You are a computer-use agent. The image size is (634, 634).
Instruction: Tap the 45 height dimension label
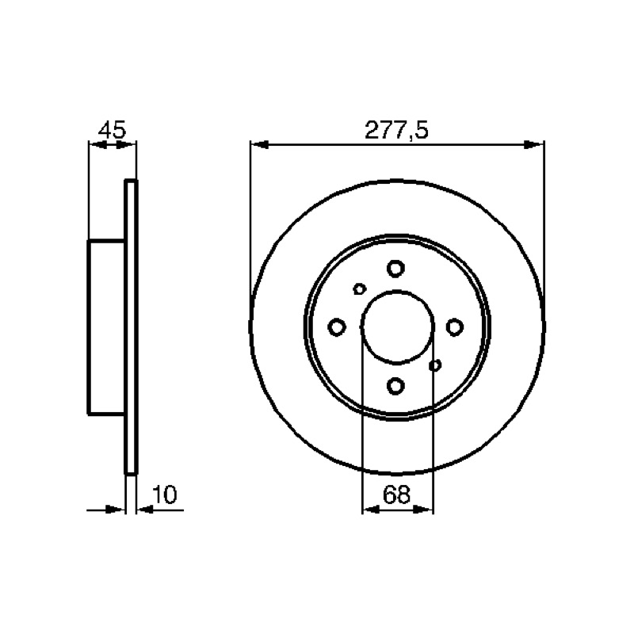[113, 130]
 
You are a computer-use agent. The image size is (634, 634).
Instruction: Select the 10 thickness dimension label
[165, 495]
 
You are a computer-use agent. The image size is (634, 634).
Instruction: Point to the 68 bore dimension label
[396, 494]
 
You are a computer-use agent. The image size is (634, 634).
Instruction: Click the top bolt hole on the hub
[395, 269]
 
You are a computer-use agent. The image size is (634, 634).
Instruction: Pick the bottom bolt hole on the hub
[395, 386]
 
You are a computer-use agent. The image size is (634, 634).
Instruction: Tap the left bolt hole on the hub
[337, 327]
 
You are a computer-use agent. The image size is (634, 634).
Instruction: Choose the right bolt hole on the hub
[454, 327]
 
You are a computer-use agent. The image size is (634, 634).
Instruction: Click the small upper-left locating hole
[360, 288]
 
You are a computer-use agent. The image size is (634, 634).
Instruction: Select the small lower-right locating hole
[434, 365]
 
